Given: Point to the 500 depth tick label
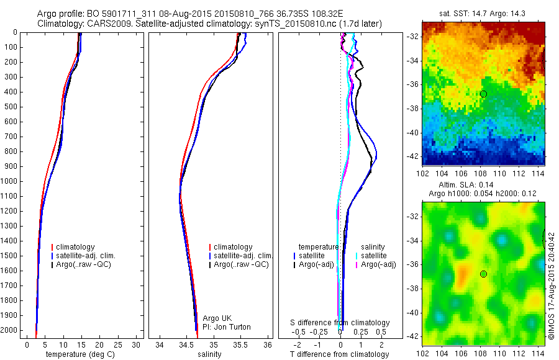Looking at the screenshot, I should point(10,107).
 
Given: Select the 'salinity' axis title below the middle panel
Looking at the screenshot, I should point(209,354).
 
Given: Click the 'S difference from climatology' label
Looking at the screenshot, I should point(340,323).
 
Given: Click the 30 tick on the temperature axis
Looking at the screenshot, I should point(137,344).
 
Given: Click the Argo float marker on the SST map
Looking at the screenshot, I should point(483,94).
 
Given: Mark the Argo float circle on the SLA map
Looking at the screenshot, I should point(483,274).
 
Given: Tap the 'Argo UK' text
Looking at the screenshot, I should point(213,318).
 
